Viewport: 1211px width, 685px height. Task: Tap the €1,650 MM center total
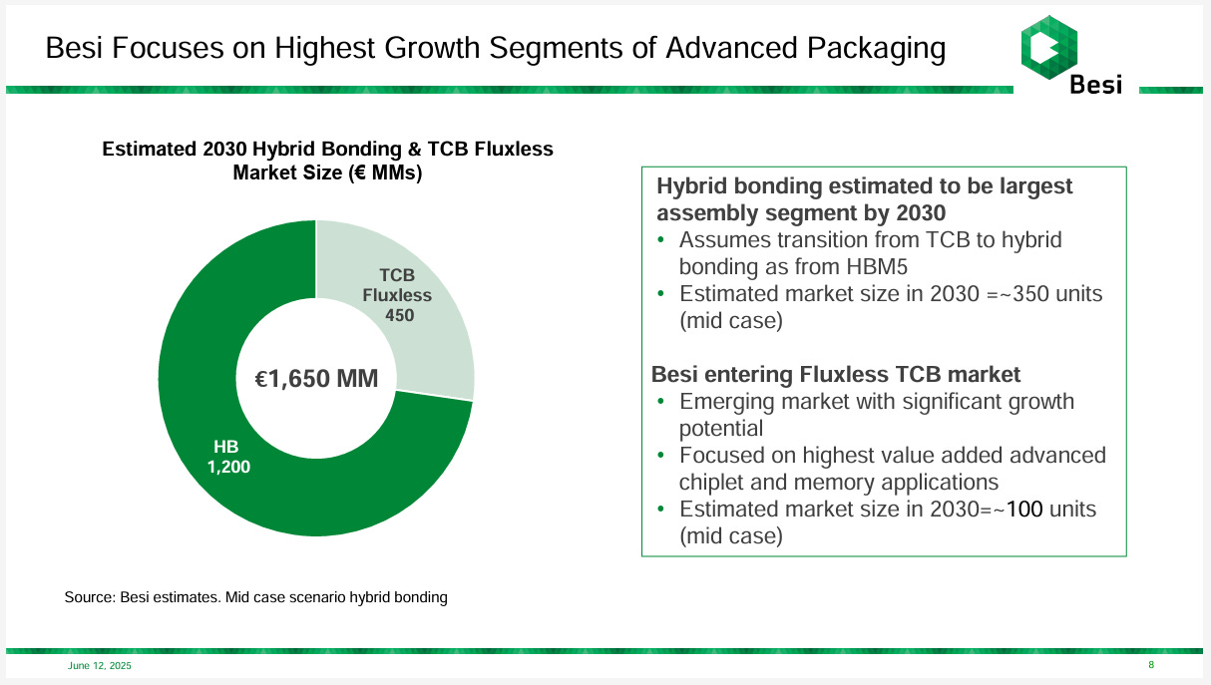[x=315, y=379]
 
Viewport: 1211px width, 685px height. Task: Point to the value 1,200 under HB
[x=228, y=466]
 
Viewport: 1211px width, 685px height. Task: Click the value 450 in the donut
[x=399, y=315]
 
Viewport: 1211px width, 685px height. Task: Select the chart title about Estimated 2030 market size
[x=327, y=161]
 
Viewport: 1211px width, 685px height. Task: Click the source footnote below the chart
[x=256, y=597]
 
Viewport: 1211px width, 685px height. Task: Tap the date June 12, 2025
[x=99, y=665]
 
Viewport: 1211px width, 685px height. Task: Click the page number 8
[x=1151, y=665]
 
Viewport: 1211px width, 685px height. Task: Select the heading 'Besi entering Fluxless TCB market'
[x=836, y=375]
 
